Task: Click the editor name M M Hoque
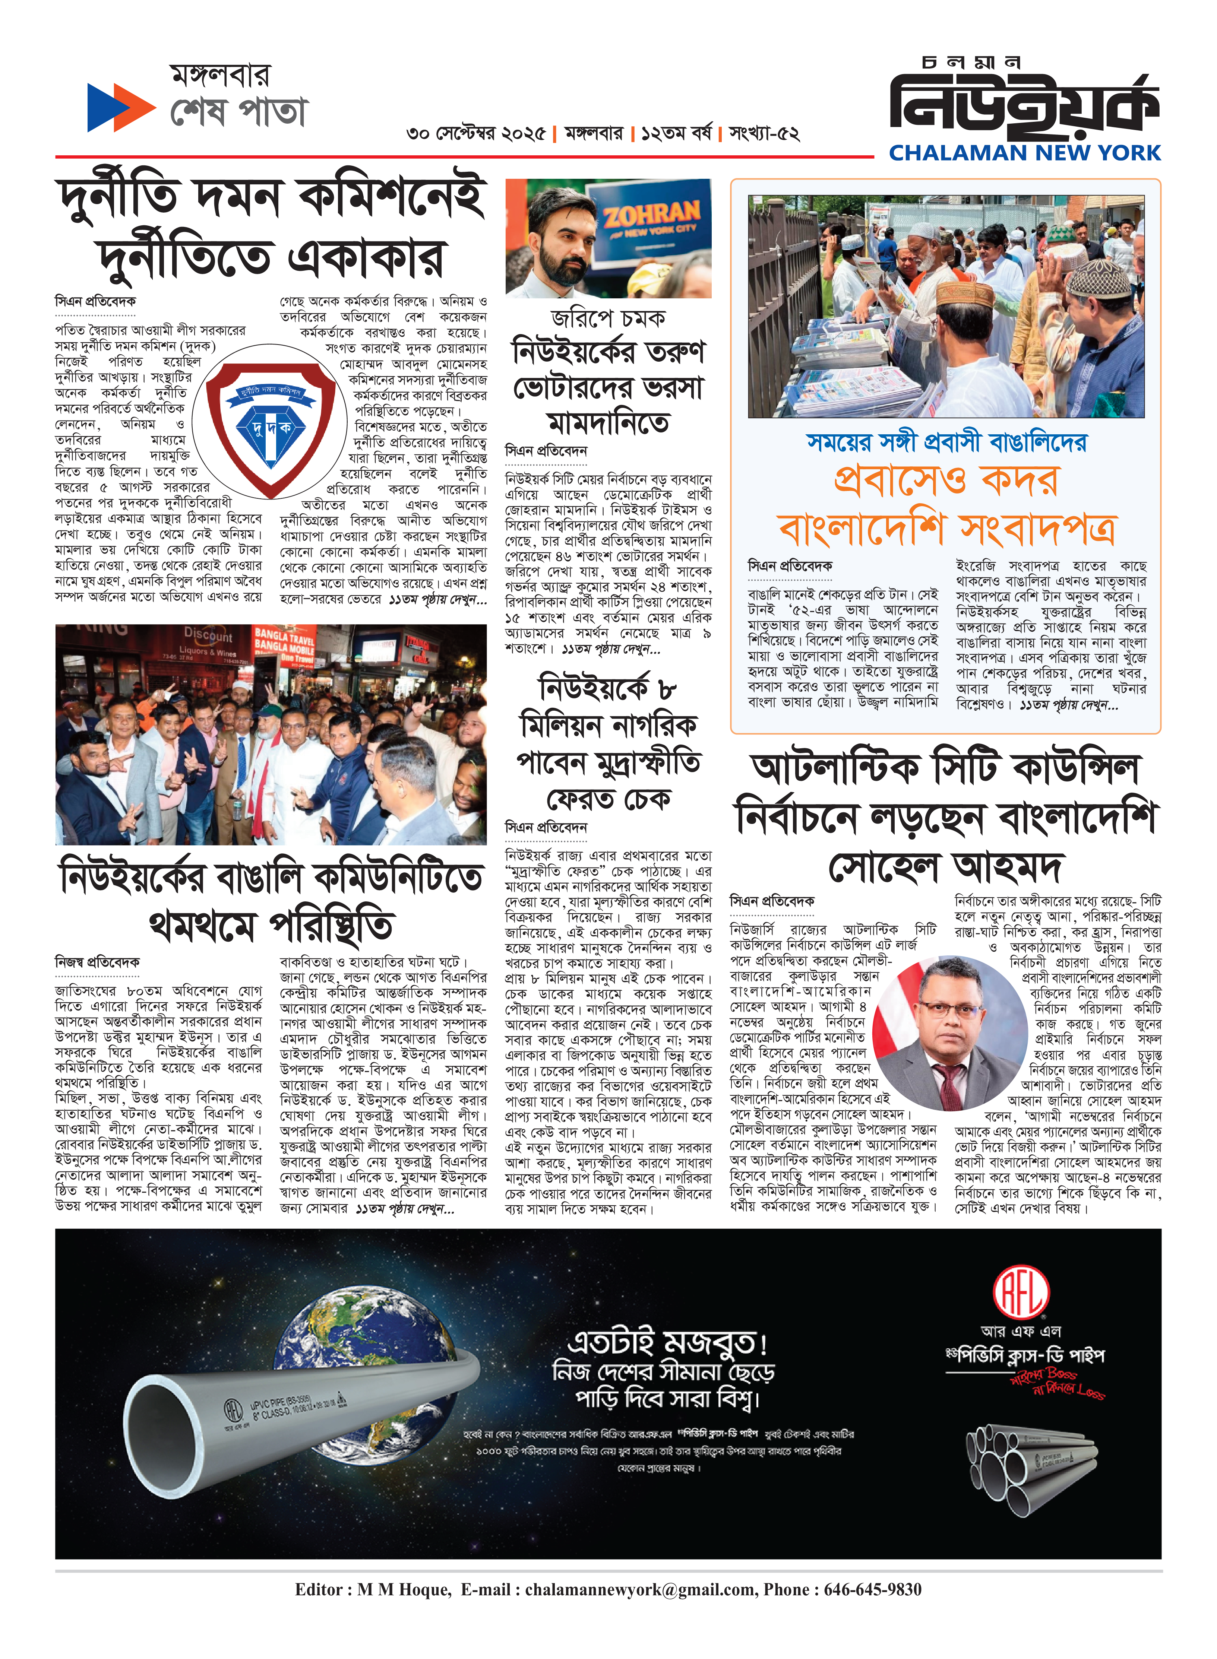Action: [x=404, y=1590]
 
